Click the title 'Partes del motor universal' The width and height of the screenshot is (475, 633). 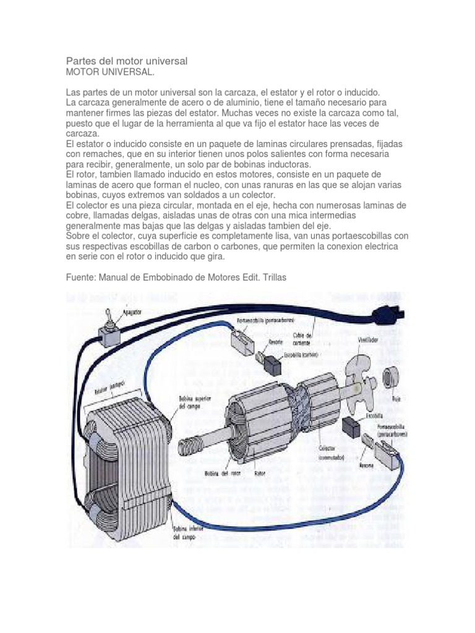tap(126, 62)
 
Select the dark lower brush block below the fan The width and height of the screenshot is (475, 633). tap(353, 427)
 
